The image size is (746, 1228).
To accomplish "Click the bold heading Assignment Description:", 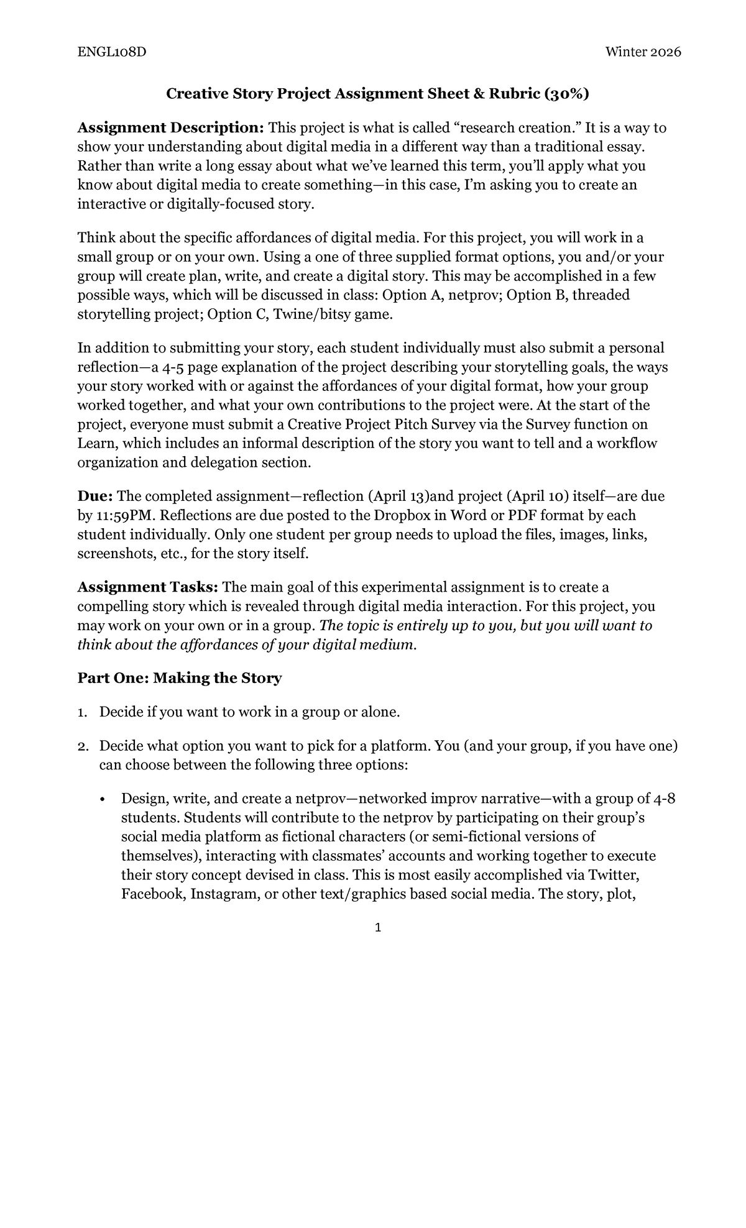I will (x=171, y=128).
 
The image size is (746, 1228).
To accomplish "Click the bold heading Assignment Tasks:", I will (x=147, y=587).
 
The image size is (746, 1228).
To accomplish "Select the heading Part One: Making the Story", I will (x=179, y=678).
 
